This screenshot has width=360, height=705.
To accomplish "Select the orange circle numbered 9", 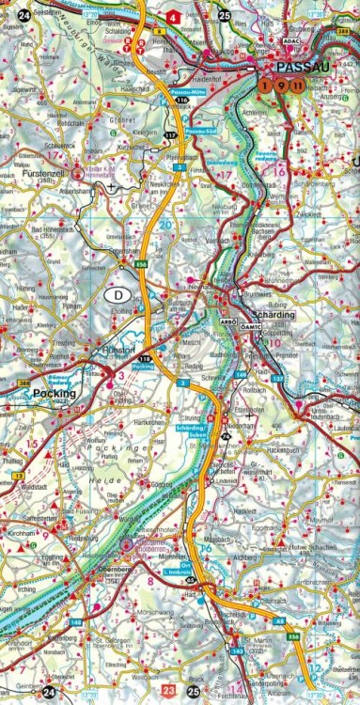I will click(282, 86).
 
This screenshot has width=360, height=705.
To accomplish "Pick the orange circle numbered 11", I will click(297, 86).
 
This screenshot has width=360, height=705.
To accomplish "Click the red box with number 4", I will click(173, 16).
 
